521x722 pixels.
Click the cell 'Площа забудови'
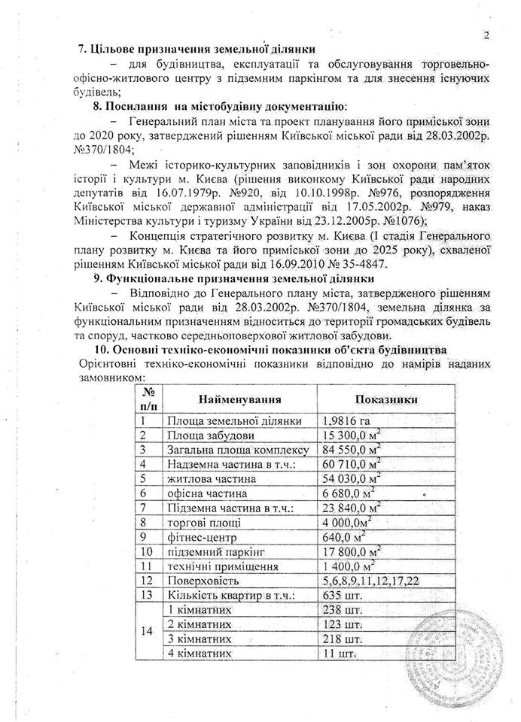[x=210, y=435]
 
